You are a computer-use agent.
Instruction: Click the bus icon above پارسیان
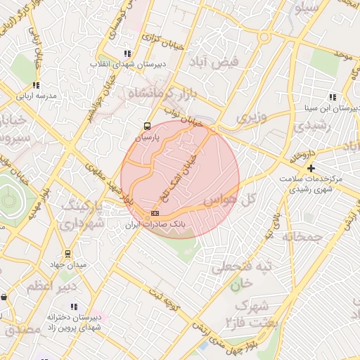(146, 127)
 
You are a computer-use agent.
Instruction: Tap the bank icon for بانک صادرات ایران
(155, 213)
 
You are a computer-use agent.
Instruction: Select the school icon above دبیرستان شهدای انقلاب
(127, 53)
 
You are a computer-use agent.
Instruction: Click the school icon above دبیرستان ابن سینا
(332, 97)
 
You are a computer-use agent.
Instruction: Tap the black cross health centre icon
(311, 168)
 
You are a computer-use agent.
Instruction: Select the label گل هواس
(229, 201)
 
